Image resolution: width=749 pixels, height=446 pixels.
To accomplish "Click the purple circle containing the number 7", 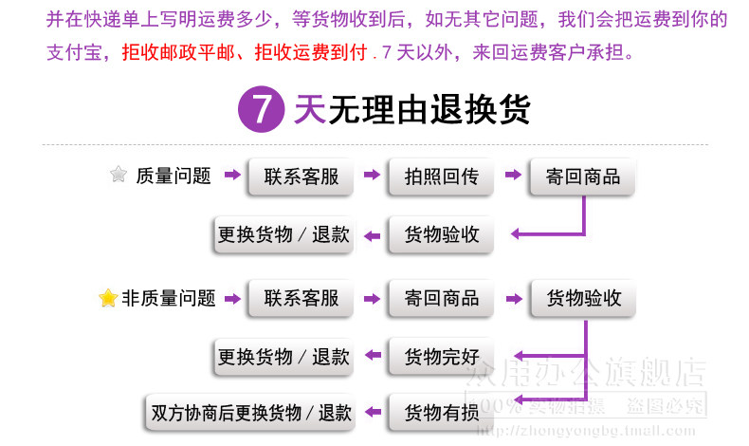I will (262, 109).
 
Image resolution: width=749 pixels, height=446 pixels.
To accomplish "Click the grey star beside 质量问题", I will (119, 175).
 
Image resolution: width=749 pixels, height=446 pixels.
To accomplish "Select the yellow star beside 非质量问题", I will (108, 298).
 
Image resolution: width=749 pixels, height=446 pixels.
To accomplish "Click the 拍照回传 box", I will (441, 176).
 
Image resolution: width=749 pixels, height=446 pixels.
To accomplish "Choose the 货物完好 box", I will (441, 358).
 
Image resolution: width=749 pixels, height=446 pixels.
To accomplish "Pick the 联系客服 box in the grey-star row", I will (301, 176).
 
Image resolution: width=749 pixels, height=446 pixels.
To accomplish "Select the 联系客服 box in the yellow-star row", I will (301, 298).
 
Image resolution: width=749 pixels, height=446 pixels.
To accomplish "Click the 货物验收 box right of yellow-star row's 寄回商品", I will (583, 298).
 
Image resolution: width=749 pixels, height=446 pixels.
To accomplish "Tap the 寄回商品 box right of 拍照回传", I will (582, 176).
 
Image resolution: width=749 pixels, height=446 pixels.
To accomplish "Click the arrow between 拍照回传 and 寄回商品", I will (513, 176).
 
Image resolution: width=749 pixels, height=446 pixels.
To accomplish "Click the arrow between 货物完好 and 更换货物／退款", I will (373, 358).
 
